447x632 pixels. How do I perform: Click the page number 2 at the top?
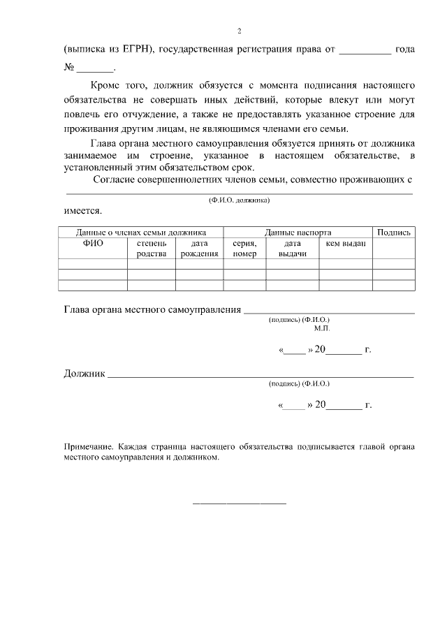[239, 31]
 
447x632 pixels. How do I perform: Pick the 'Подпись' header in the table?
[394, 232]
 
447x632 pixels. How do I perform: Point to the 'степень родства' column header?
[151, 249]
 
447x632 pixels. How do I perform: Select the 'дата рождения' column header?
[199, 249]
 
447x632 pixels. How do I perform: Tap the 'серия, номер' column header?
[244, 249]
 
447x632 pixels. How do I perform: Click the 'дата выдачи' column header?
[293, 249]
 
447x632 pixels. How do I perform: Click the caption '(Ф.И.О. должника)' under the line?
[239, 200]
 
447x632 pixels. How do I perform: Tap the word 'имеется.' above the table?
[83, 210]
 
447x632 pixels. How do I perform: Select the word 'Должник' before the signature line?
[85, 374]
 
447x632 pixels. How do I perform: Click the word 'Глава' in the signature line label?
[78, 309]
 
